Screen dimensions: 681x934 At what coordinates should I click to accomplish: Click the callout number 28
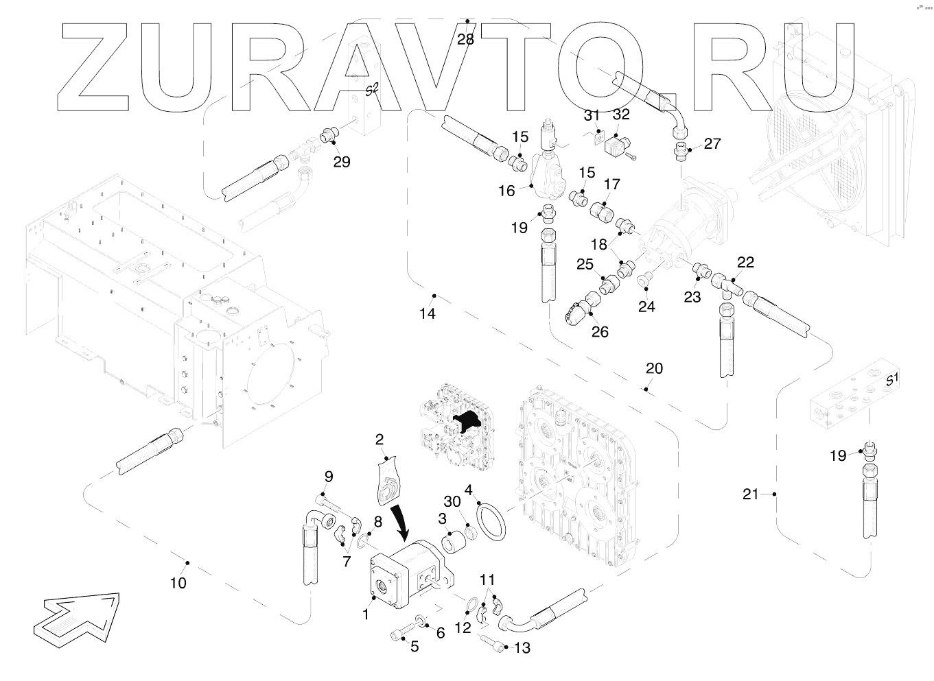[465, 40]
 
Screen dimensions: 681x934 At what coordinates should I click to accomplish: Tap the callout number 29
[341, 162]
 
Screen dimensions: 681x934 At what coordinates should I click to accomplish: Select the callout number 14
[428, 313]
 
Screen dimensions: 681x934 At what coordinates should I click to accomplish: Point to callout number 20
[654, 368]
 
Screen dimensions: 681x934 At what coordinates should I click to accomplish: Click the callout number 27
[712, 143]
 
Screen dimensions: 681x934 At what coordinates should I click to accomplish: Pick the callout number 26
[600, 332]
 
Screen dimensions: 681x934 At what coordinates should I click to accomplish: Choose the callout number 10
[178, 583]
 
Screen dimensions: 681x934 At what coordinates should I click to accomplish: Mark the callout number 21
[751, 494]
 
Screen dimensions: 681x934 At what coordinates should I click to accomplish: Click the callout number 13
[522, 648]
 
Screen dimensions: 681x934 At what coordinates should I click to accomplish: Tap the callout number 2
[380, 439]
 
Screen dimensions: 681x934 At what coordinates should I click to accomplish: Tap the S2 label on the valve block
[371, 89]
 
